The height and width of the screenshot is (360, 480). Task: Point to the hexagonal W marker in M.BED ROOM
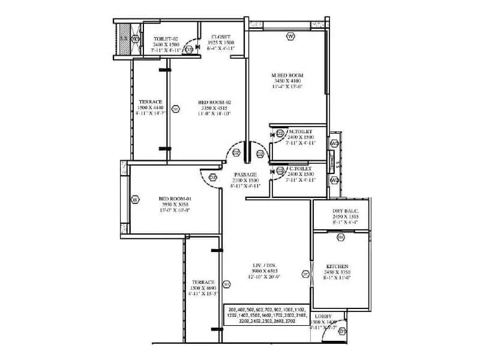click(290, 37)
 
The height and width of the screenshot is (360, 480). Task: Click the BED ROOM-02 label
click(214, 103)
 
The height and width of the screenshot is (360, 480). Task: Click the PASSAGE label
click(245, 175)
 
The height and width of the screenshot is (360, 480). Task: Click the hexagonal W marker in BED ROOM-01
click(135, 199)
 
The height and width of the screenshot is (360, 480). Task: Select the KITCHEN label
click(337, 266)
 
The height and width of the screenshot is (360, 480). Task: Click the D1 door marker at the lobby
click(342, 331)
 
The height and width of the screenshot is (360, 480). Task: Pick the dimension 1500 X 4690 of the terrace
click(200, 287)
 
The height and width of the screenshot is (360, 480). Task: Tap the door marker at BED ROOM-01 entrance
click(212, 177)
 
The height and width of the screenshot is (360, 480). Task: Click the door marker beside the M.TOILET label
click(280, 134)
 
